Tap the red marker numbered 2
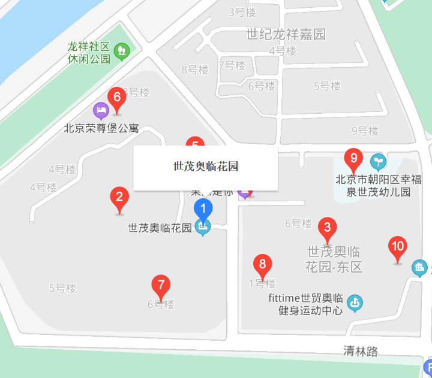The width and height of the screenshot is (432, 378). [x=119, y=198]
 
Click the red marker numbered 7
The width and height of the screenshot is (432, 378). [x=160, y=286]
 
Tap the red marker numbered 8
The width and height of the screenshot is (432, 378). [x=262, y=265]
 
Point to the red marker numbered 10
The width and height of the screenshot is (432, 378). [x=397, y=247]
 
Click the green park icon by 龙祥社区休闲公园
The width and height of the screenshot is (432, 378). [x=122, y=51]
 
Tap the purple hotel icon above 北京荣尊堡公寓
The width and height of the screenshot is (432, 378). [x=101, y=110]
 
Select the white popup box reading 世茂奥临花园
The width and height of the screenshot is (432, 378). [x=205, y=167]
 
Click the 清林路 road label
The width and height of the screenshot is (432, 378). [x=361, y=352]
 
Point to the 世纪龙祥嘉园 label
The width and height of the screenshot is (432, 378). [x=286, y=34]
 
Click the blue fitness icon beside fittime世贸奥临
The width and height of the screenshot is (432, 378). [x=355, y=304]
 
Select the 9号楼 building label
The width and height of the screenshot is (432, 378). [x=365, y=131]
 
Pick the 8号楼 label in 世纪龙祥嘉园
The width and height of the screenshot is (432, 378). [x=195, y=69]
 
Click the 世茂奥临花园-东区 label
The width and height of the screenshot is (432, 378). [x=334, y=259]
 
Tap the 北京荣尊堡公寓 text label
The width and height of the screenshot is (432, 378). [x=101, y=128]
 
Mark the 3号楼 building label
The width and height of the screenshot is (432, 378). [x=242, y=12]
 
